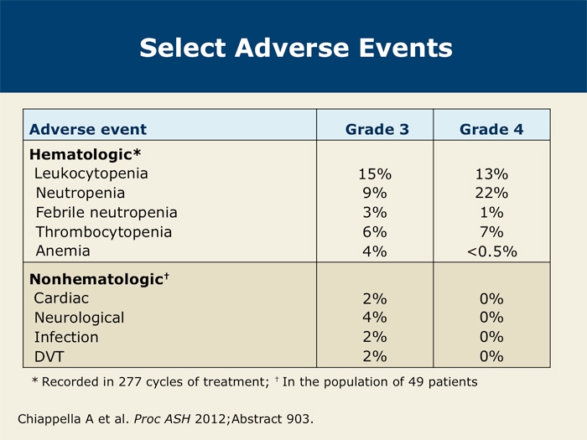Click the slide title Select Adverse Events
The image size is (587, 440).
pyautogui.click(x=296, y=48)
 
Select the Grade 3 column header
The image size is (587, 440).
pyautogui.click(x=377, y=129)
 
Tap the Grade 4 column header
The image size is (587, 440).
pyautogui.click(x=491, y=129)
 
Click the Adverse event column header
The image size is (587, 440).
pyautogui.click(x=88, y=129)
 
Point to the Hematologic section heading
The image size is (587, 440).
pyautogui.click(x=85, y=154)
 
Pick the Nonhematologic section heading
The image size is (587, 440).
pyautogui.click(x=99, y=279)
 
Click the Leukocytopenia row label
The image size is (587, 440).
pyautogui.click(x=91, y=173)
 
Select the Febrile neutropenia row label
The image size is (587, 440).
pyautogui.click(x=106, y=213)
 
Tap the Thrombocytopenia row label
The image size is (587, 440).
pyautogui.click(x=104, y=232)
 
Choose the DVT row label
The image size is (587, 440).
pyautogui.click(x=49, y=356)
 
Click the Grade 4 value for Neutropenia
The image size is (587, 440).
pyautogui.click(x=491, y=193)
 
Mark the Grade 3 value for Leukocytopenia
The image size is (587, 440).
pyautogui.click(x=375, y=174)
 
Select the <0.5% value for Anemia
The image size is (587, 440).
pyautogui.click(x=492, y=251)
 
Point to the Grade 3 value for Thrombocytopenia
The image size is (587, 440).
pyautogui.click(x=375, y=232)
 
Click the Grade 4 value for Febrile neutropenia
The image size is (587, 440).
pyautogui.click(x=491, y=213)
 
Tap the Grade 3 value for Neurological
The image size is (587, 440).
pyautogui.click(x=375, y=318)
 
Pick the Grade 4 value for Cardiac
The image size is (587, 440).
pyautogui.click(x=491, y=298)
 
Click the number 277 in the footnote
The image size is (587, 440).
pyautogui.click(x=130, y=381)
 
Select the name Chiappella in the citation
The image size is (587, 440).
pyautogui.click(x=49, y=419)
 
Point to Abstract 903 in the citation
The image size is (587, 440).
pyautogui.click(x=273, y=419)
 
